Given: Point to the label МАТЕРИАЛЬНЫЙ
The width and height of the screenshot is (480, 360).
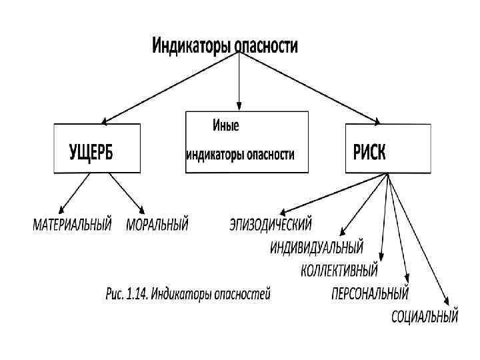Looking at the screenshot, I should [x=73, y=225].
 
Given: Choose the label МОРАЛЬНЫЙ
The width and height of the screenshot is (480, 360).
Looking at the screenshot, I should [x=157, y=225].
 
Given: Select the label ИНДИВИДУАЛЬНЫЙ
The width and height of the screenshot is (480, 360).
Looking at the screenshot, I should [x=317, y=248].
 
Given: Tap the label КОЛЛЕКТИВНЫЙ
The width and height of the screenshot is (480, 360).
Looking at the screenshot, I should [x=339, y=271].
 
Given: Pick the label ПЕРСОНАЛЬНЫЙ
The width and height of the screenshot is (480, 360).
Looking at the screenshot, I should [x=370, y=293].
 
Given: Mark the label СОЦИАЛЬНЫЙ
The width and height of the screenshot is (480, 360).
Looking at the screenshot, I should [x=425, y=315].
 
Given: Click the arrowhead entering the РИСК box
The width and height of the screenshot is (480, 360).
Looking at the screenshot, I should [x=377, y=122].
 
